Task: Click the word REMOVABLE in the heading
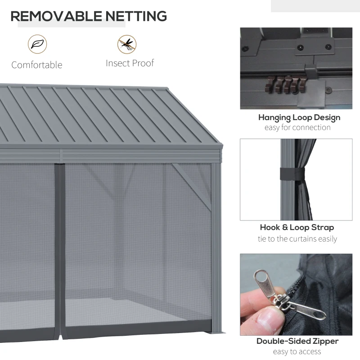(57, 16)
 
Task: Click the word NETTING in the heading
(136, 16)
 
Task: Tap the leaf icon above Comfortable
(37, 44)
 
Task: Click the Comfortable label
(37, 65)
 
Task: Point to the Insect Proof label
(130, 63)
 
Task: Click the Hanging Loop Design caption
(299, 117)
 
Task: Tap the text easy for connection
(297, 127)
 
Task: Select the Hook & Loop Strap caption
(297, 227)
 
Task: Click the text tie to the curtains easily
(297, 239)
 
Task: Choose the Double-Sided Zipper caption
(297, 341)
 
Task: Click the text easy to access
(297, 351)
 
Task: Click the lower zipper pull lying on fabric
(308, 310)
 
